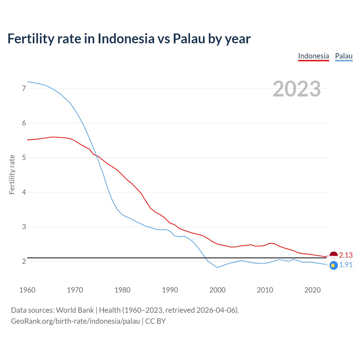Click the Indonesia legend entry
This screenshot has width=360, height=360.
coord(313,56)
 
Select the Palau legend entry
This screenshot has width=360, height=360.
coord(344,56)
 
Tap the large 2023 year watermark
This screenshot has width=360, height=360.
coord(297,89)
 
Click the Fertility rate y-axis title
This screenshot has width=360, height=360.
coord(12,174)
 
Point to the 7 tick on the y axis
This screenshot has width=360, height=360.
coord(24,89)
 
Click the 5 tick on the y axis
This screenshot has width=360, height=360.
coord(24,158)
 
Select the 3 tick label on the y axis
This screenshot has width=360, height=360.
coord(24,227)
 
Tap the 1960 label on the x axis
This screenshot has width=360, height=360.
coord(27,290)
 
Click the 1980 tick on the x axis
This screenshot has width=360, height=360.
coord(122,290)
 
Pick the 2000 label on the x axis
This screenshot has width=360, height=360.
coord(217,290)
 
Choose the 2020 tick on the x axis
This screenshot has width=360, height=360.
coord(312,290)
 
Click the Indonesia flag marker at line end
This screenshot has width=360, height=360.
coord(334,255)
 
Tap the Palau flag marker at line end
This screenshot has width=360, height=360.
coord(334,265)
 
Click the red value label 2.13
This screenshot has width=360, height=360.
coord(346,255)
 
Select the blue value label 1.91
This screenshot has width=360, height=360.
coord(346,265)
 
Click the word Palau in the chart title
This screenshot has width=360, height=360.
coord(189,39)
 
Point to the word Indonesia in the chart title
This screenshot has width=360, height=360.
coord(126,39)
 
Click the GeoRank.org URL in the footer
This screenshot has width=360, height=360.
coord(75,321)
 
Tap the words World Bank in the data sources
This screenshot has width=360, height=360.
coord(75,310)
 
